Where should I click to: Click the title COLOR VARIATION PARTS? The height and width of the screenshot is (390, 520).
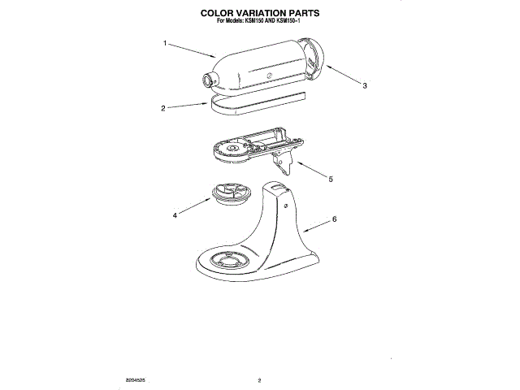tap(260, 14)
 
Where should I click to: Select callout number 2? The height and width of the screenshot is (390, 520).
tap(163, 107)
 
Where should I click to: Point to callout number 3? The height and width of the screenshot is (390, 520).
tap(364, 85)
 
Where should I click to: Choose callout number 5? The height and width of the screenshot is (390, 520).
tap(330, 179)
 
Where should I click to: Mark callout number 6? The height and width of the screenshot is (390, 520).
tap(334, 219)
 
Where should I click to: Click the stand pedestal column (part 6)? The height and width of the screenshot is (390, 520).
tap(280, 219)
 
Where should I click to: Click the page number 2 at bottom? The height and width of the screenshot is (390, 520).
tap(258, 379)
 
